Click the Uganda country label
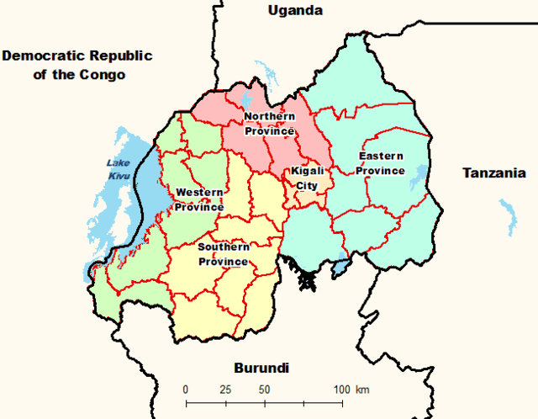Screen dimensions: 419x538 tap(295, 11)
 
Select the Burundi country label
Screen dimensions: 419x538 tap(261, 369)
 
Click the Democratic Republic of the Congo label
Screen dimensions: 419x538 tap(76, 66)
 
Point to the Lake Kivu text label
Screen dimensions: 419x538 tap(117, 169)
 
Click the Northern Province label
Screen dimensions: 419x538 tap(269, 123)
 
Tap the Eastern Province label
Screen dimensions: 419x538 tap(381, 163)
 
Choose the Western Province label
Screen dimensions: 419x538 tap(199, 199)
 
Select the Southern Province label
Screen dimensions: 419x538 tap(223, 254)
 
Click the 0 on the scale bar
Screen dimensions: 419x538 tap(186, 390)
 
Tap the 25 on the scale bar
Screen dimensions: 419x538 tap(225, 390)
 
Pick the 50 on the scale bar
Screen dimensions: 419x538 tap(264, 390)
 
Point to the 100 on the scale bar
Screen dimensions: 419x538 tap(342, 390)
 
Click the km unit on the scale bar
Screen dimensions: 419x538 tap(363, 390)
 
